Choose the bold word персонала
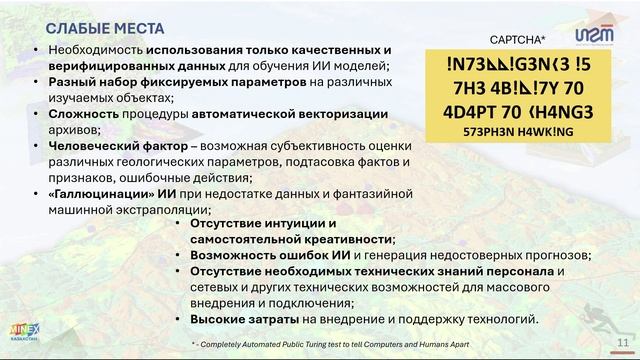(x=513, y=271)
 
